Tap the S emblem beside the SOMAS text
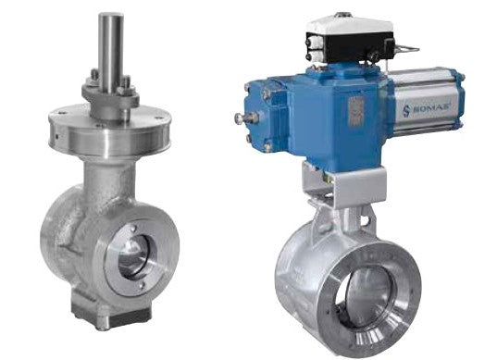tap(406, 111)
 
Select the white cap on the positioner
tap(350, 25)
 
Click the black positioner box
tap(350, 46)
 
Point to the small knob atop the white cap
tap(344, 15)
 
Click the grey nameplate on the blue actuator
tap(355, 112)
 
